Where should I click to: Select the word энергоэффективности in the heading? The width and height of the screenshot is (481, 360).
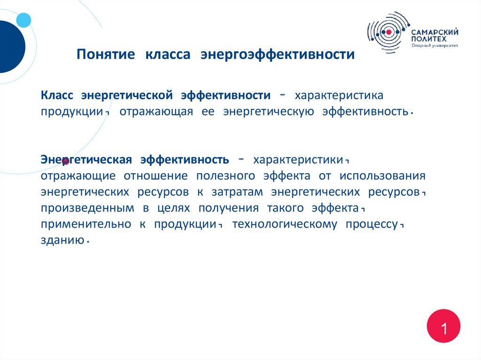click(278, 55)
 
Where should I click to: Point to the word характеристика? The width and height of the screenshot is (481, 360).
click(339, 95)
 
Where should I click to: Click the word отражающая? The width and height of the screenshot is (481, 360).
click(156, 112)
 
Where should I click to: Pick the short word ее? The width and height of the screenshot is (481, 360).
click(208, 112)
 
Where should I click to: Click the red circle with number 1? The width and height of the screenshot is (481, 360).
click(443, 326)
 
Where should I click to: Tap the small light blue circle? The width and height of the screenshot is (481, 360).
click(23, 20)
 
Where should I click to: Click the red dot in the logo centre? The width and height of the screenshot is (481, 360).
click(388, 32)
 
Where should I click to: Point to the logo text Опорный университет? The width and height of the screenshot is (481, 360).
click(434, 46)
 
